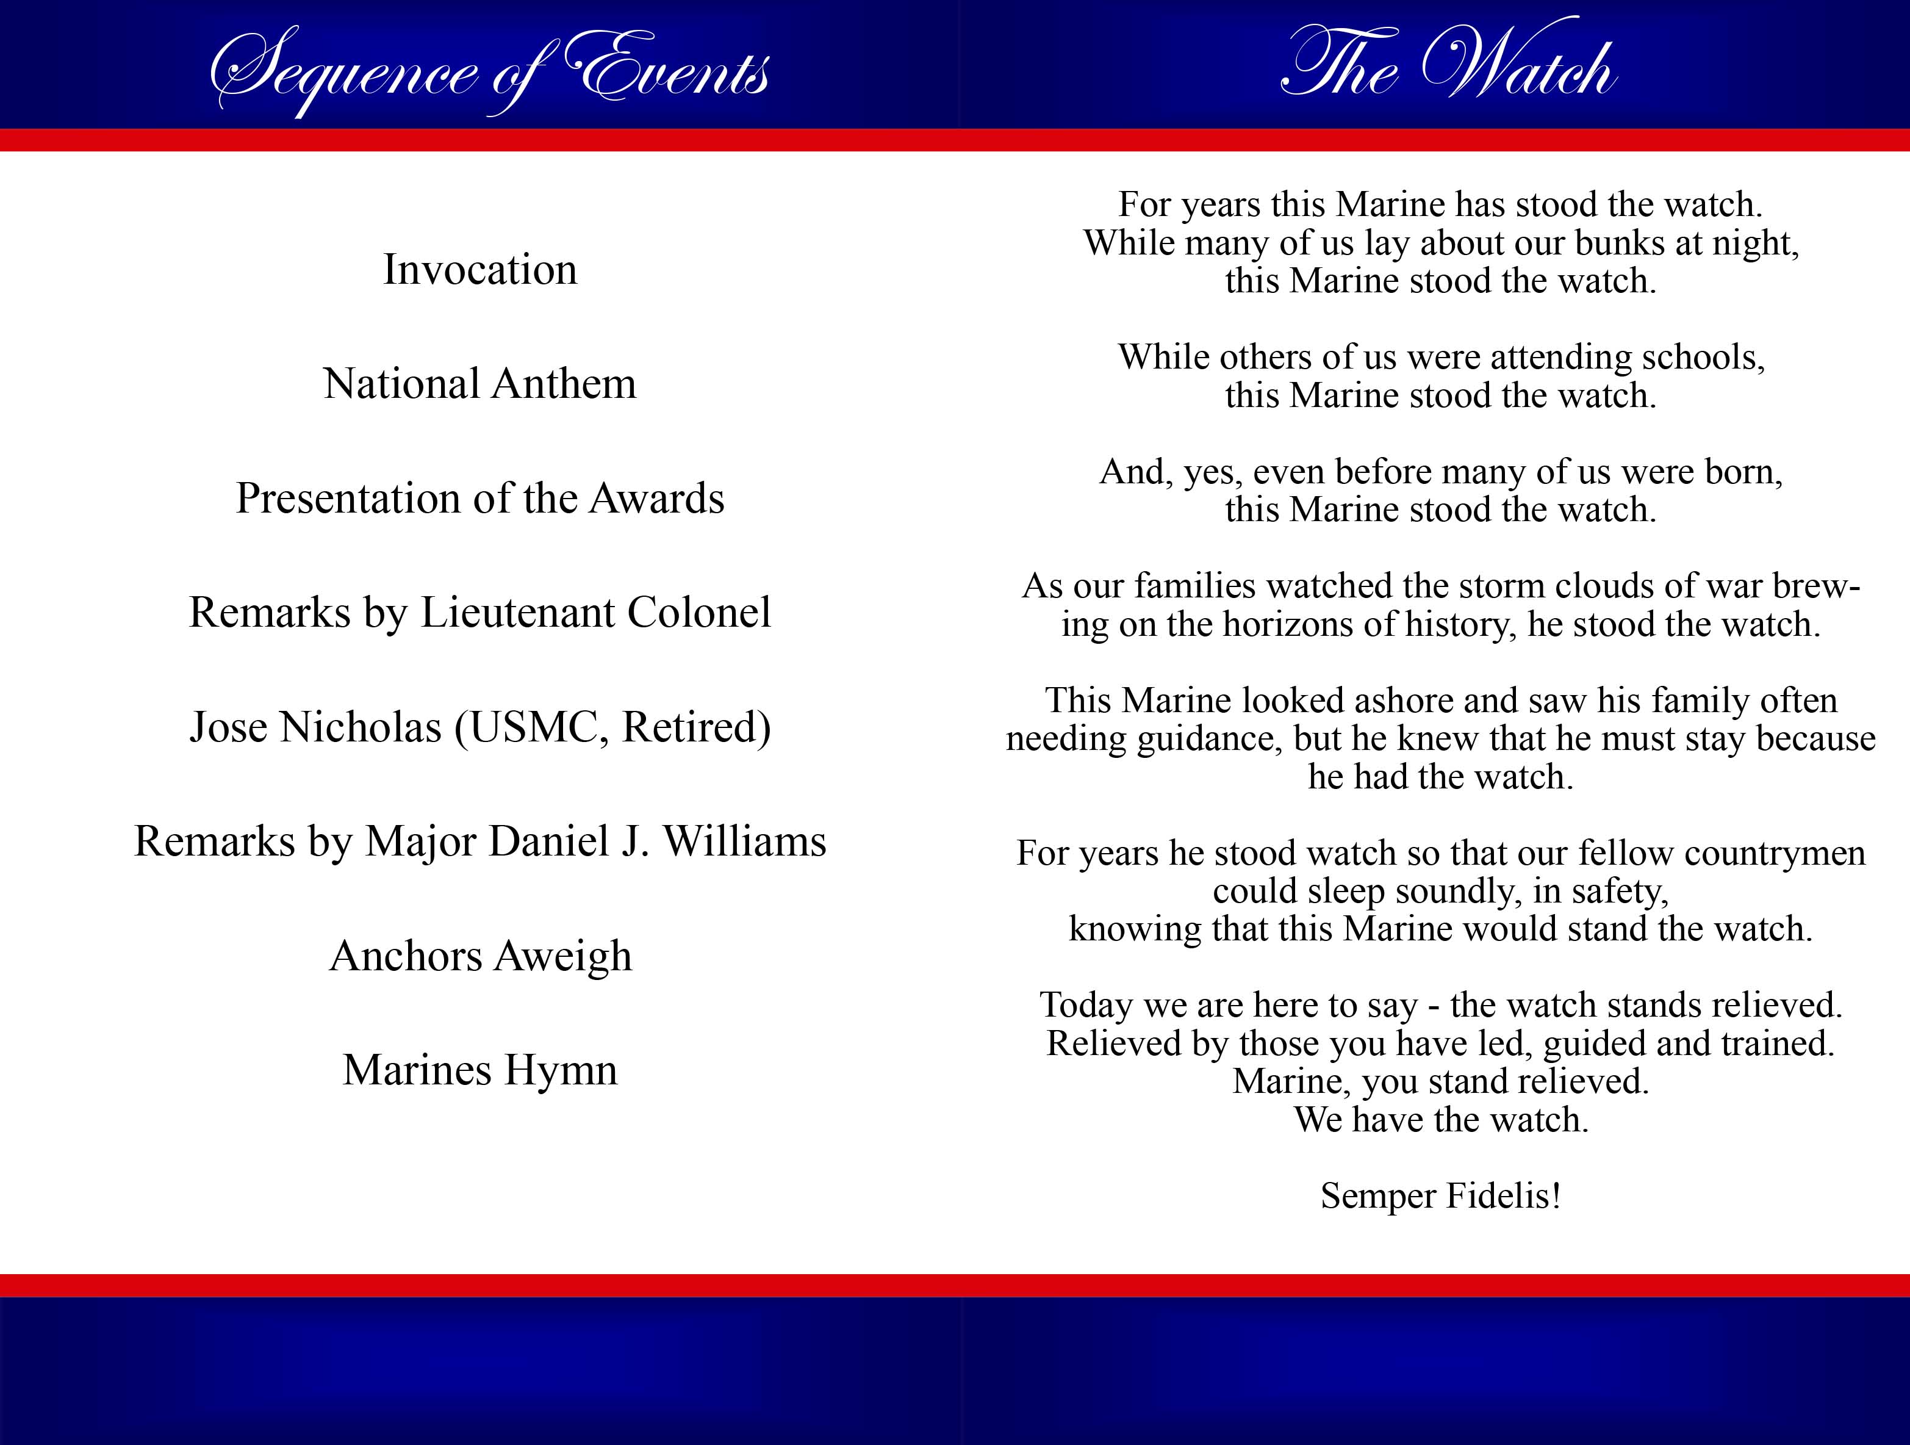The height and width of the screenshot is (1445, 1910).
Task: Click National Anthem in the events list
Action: click(480, 383)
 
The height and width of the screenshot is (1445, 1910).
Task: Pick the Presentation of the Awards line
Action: click(480, 499)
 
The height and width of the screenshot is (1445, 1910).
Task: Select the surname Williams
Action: click(744, 841)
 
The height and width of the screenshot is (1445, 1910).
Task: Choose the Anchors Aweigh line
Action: click(481, 957)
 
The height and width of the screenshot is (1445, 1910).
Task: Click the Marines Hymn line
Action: click(480, 1071)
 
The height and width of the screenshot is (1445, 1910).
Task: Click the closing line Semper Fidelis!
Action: click(1440, 1196)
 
